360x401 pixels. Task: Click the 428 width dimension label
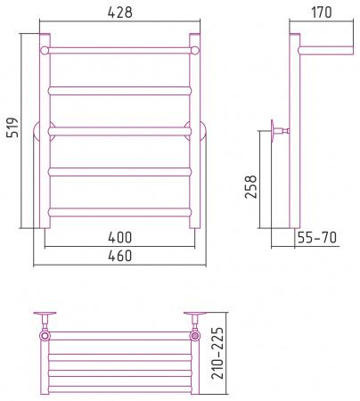120,12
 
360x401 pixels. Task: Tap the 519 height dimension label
12,127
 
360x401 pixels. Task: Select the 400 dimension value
120,237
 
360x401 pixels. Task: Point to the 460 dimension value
120,256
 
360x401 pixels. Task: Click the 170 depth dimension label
322,12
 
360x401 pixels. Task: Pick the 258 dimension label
250,186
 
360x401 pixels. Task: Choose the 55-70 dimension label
317,238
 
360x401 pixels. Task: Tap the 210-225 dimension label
217,353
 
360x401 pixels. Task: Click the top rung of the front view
119,50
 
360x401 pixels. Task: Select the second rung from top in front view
119,91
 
